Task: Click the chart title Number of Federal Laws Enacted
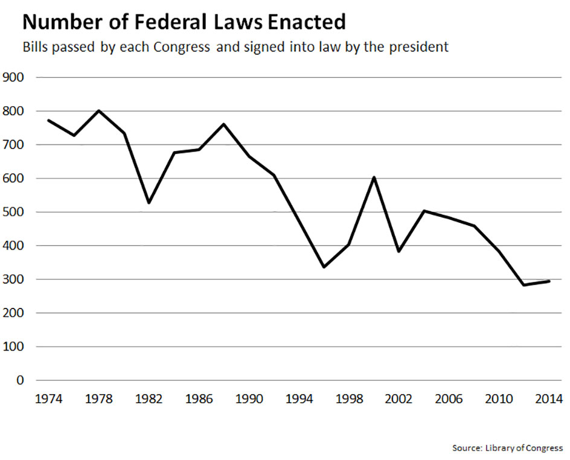point(184,22)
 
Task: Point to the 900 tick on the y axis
point(13,77)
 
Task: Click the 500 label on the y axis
point(13,212)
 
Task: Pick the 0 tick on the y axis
point(20,380)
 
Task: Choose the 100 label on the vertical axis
point(13,347)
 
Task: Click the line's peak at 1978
point(98,111)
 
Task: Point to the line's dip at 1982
point(149,202)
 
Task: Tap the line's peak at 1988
point(224,124)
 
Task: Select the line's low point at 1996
point(324,267)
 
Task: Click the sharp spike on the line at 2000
point(374,177)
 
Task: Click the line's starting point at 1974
point(48,120)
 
